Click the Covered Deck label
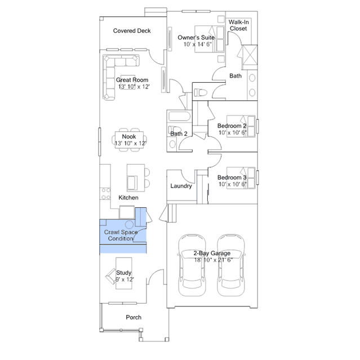point(132,31)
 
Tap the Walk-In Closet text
point(238,25)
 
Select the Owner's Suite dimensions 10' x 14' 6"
point(197,45)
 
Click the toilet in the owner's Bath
point(201,93)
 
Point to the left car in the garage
point(192,265)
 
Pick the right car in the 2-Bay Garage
point(231,265)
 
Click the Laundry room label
point(181,186)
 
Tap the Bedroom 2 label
point(232,126)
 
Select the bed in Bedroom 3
point(241,178)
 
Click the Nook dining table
point(129,140)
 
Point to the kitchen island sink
point(132,183)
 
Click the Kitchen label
point(128,198)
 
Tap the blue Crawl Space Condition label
point(121,235)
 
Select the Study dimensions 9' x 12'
point(125,279)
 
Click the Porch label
point(134,317)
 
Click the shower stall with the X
point(250,55)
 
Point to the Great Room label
point(132,80)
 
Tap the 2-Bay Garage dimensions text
point(214,260)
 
